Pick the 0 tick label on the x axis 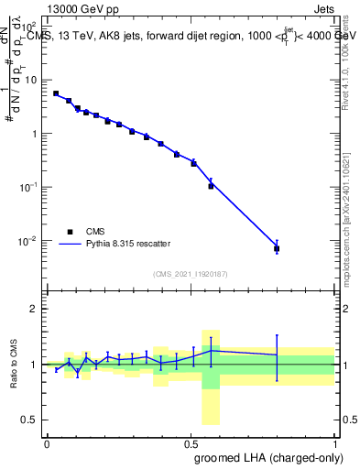47,442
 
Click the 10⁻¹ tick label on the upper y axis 30,187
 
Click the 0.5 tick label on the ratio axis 30,420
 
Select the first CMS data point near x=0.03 56,93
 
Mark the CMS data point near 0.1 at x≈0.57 211,185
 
